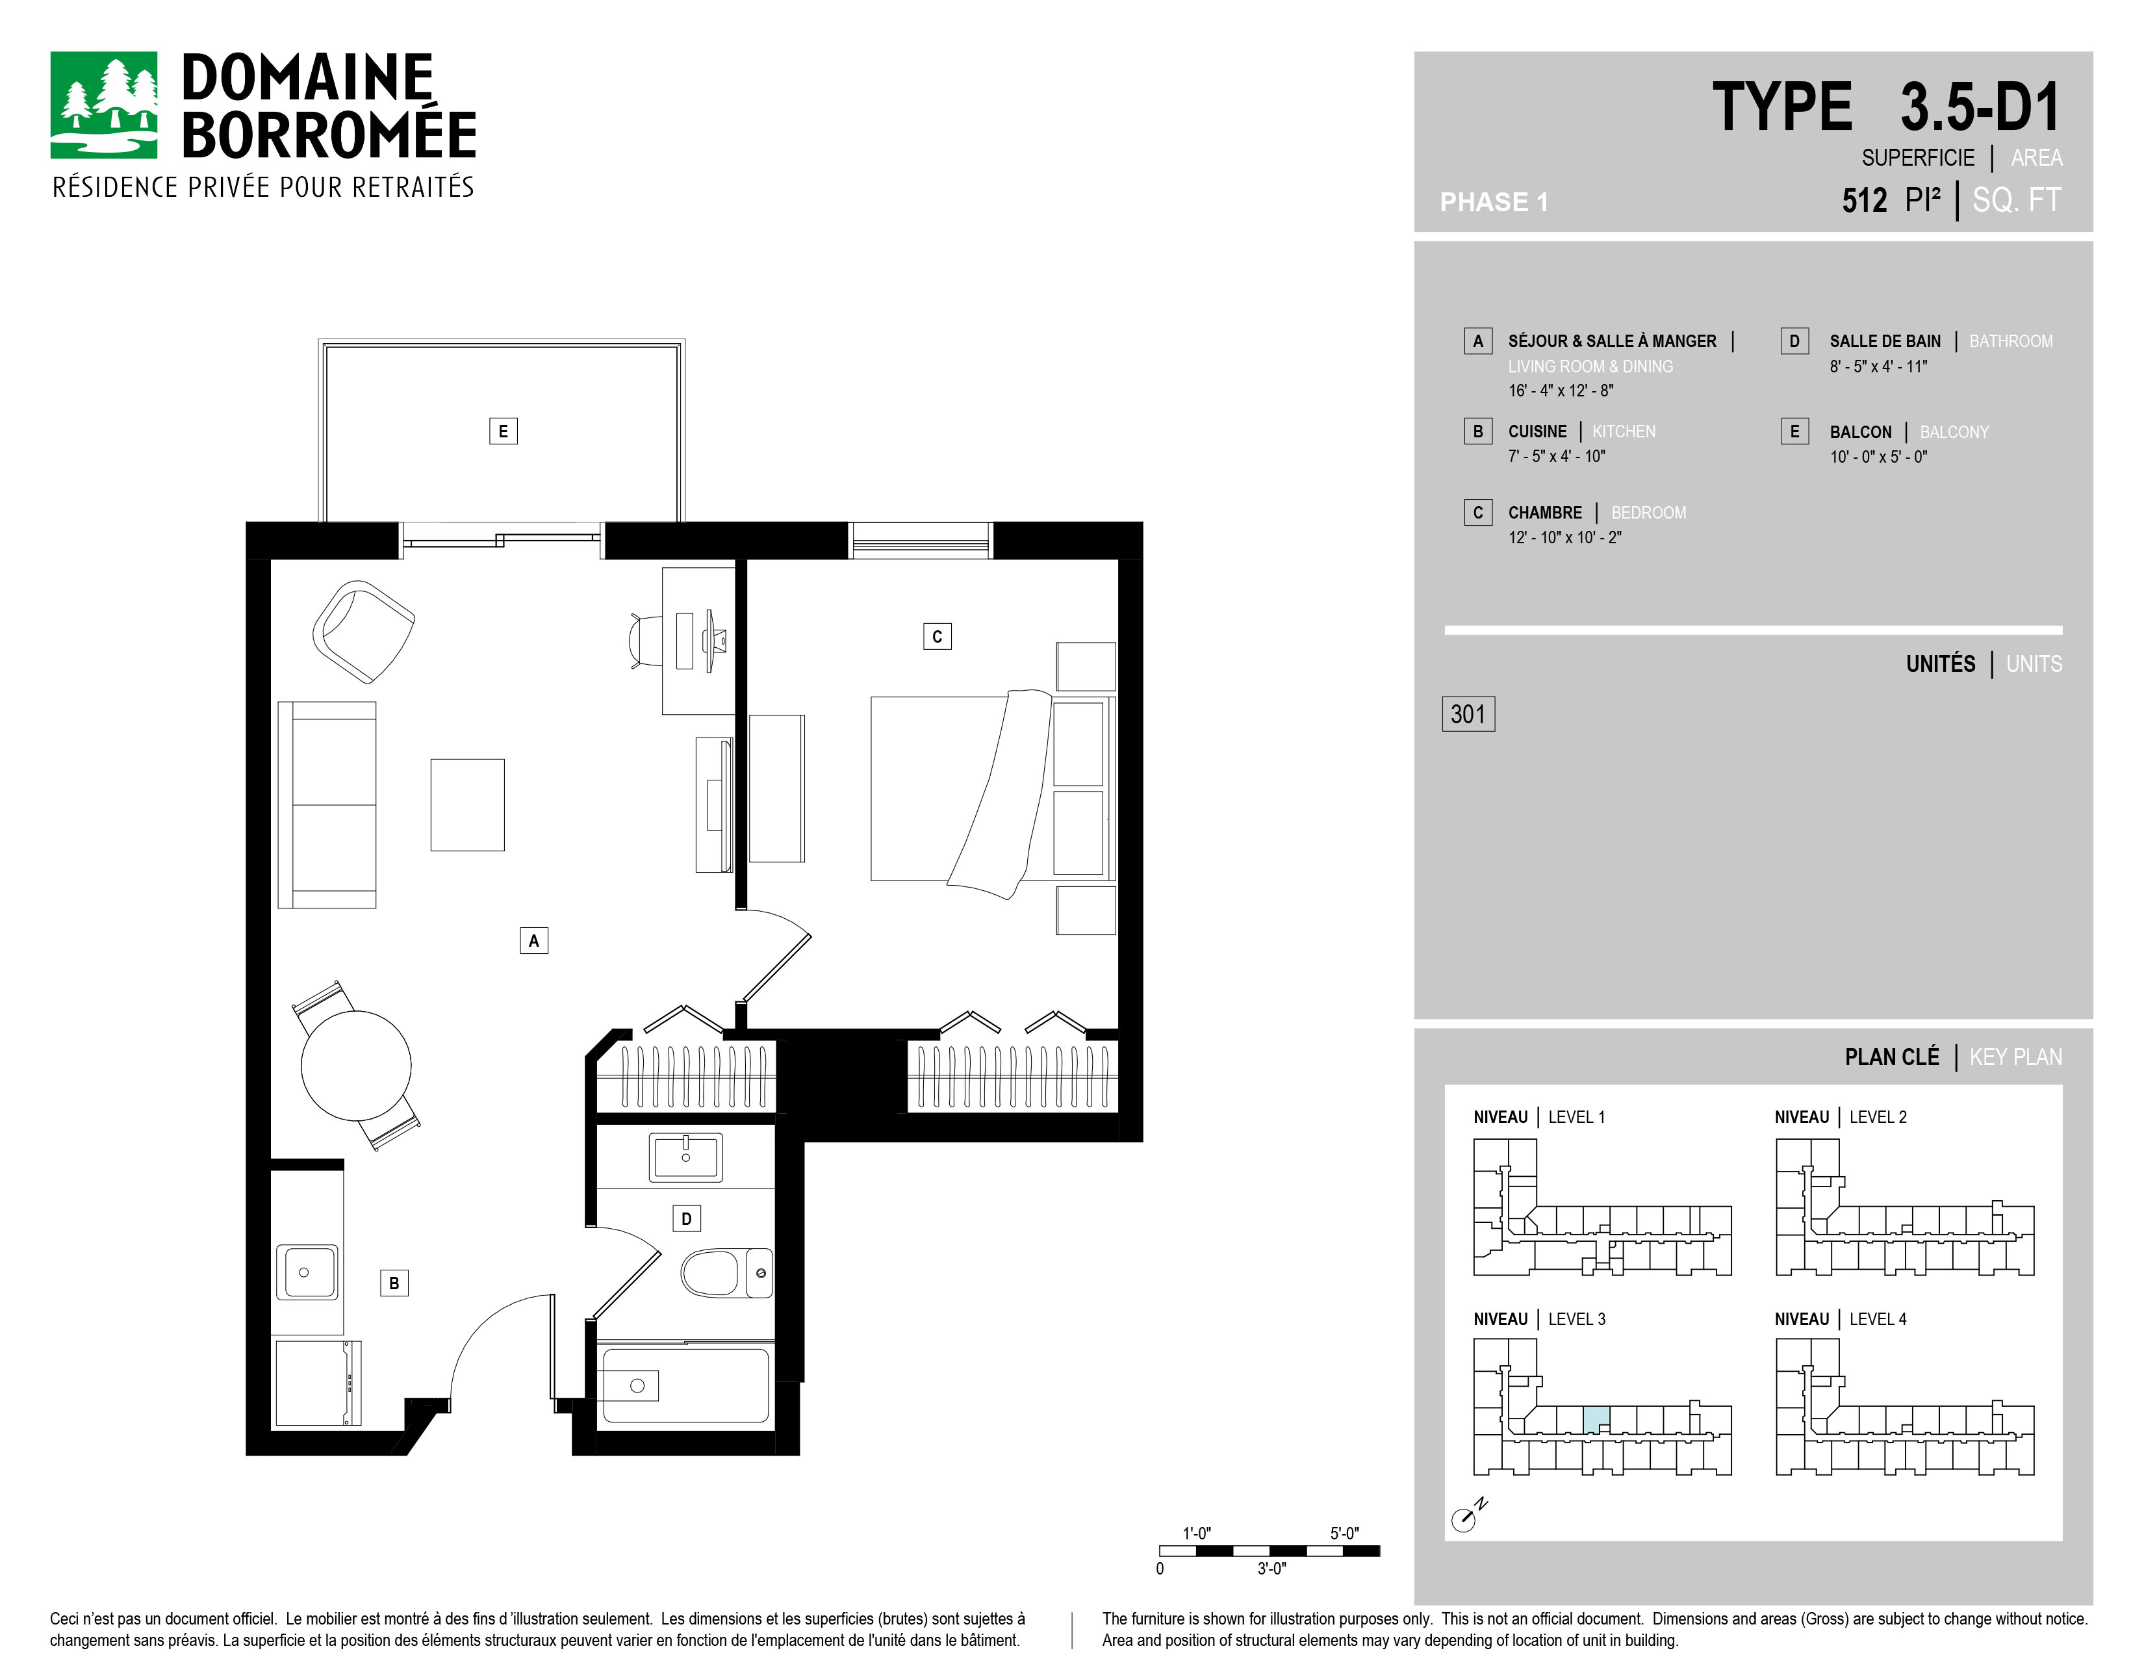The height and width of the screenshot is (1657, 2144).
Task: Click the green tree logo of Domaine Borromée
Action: point(104,105)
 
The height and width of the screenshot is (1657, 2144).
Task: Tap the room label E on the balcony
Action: point(504,431)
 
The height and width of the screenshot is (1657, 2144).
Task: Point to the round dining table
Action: point(356,1065)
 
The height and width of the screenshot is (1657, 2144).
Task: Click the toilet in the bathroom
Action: point(726,1272)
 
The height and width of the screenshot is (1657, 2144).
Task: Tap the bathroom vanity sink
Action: point(685,1157)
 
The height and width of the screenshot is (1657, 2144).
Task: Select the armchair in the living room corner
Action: point(363,631)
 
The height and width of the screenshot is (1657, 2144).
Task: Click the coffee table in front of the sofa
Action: point(467,805)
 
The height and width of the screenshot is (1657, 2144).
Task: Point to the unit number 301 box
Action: point(1468,713)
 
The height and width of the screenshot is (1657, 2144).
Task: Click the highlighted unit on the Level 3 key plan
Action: point(1596,1419)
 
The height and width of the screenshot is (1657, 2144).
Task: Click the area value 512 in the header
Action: point(1864,200)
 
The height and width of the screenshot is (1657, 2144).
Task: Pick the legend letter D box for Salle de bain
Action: point(1794,340)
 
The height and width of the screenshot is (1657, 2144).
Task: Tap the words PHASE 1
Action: point(1493,202)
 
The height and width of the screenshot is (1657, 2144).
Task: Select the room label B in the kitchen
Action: point(394,1283)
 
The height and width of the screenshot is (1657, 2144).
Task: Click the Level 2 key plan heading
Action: point(1841,1117)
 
